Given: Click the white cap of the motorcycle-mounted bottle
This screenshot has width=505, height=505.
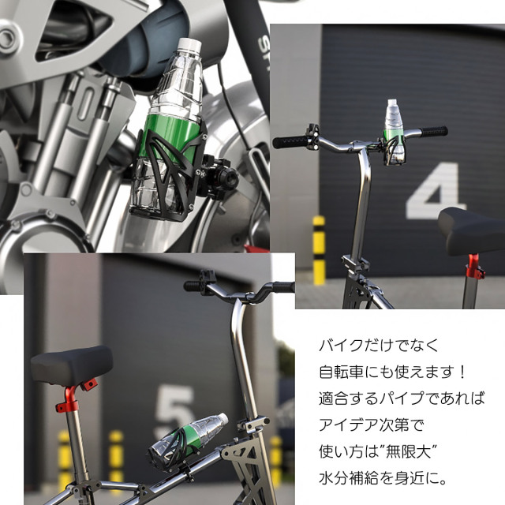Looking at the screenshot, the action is [x=190, y=46].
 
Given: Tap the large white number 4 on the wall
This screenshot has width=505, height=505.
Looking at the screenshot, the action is [x=436, y=191].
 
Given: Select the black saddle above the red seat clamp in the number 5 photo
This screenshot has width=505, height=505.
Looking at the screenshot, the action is [x=72, y=364].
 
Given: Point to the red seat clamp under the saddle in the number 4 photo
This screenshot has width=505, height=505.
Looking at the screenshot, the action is [x=475, y=267].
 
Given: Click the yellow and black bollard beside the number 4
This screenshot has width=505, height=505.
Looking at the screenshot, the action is [x=319, y=250].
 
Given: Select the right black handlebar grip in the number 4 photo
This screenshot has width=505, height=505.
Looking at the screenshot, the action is [x=433, y=132].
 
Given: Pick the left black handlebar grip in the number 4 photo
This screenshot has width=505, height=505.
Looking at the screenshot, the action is [x=290, y=142].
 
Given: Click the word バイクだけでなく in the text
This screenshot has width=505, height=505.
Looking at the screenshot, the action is [x=379, y=346].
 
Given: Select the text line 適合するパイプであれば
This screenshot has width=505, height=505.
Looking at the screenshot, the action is [x=402, y=398].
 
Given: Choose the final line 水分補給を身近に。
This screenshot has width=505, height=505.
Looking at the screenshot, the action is [x=383, y=479].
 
